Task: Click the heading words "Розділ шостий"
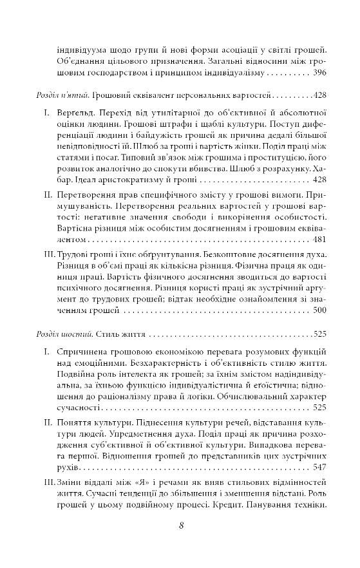tap(62, 335)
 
